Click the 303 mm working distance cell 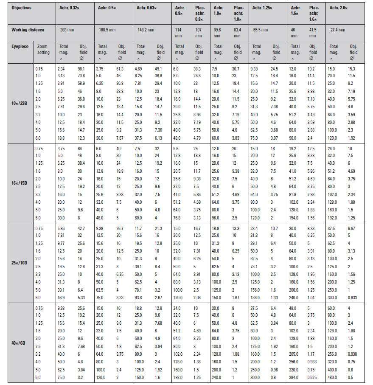coord(67,30)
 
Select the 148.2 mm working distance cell coord(145,30)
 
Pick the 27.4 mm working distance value coord(337,30)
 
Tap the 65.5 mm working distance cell coord(260,30)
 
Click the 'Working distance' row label coord(28,30)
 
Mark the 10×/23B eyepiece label coord(20,104)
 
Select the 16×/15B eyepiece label coord(20,183)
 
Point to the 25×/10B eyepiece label coord(20,263)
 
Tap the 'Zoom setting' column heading coord(43,50)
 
